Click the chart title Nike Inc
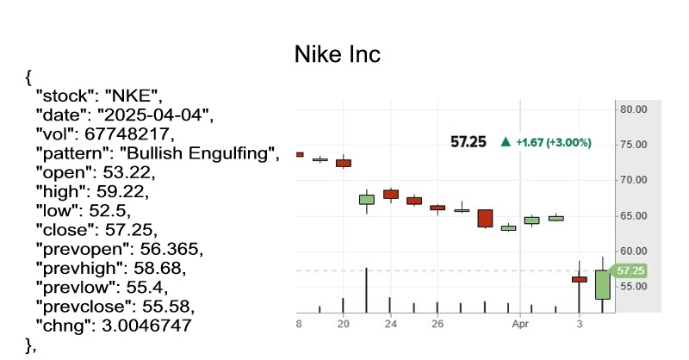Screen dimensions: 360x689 point(338,54)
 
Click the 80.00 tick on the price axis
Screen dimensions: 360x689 point(633,109)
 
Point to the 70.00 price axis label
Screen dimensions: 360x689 point(633,180)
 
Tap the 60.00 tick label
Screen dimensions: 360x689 point(633,251)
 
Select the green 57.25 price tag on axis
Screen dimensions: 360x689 point(630,270)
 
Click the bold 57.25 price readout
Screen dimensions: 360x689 point(469,141)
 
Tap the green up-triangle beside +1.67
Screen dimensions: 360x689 point(506,141)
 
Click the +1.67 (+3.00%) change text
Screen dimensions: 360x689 point(553,141)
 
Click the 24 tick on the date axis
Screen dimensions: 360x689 point(391,326)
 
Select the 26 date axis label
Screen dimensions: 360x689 point(438,326)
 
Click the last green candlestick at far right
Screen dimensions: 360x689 point(602,283)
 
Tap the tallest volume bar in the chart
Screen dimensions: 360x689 point(367,289)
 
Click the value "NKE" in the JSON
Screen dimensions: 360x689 point(139,93)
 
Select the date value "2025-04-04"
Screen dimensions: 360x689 point(154,114)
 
